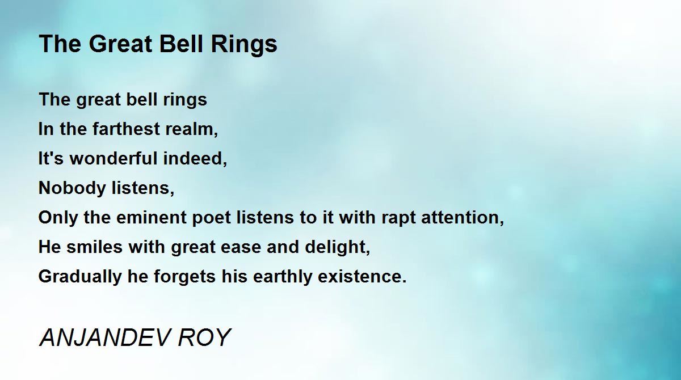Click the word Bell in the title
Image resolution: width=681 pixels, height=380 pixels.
pos(181,44)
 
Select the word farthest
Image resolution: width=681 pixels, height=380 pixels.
pos(126,129)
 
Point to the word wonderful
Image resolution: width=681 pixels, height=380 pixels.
pos(113,158)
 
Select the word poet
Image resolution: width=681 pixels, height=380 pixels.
pos(212,219)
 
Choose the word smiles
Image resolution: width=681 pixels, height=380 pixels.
pos(95,247)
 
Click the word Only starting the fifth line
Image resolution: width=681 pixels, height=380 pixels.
pos(58,219)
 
